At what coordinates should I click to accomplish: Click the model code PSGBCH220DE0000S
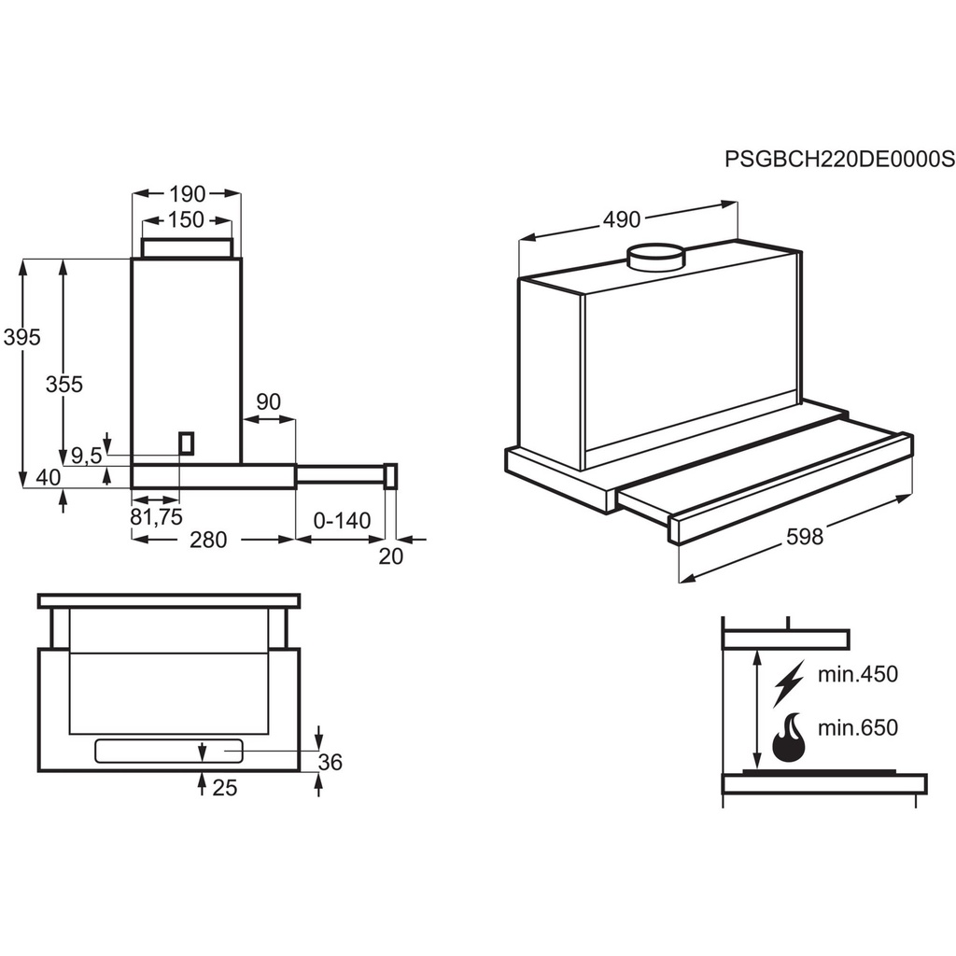(x=839, y=160)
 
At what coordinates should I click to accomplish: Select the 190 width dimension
(x=187, y=194)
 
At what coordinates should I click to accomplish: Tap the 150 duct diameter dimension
(x=187, y=220)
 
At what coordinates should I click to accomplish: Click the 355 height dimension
(x=63, y=383)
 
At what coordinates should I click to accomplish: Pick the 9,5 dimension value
(x=86, y=456)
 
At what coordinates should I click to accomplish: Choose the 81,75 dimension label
(x=156, y=516)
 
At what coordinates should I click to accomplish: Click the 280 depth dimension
(x=208, y=540)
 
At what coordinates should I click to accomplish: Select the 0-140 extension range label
(x=343, y=520)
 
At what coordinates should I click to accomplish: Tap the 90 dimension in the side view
(x=268, y=401)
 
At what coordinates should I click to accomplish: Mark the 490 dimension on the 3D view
(x=622, y=219)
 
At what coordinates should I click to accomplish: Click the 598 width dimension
(x=805, y=537)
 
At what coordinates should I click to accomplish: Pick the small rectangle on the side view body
(x=188, y=443)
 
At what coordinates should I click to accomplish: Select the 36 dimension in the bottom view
(x=330, y=762)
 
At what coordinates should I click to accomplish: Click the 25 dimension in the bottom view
(x=225, y=787)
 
